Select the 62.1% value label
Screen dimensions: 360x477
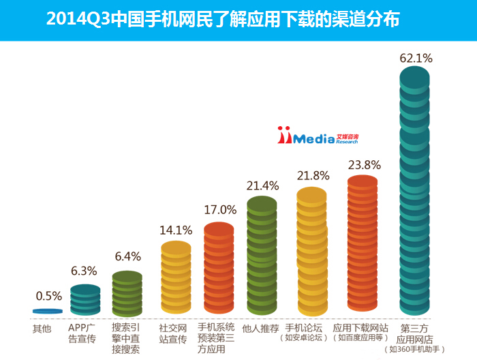pyautogui.click(x=416, y=58)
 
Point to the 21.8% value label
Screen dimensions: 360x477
pyautogui.click(x=313, y=175)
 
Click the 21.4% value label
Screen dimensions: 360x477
pyautogui.click(x=262, y=185)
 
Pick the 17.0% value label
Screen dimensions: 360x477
pyautogui.click(x=219, y=209)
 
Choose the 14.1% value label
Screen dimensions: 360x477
pyautogui.click(x=176, y=229)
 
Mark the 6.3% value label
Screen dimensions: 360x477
pyautogui.click(x=84, y=271)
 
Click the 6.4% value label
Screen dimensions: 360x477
pyautogui.click(x=127, y=256)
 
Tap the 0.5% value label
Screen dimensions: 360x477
pyautogui.click(x=48, y=296)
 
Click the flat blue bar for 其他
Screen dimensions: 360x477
pyautogui.click(x=48, y=311)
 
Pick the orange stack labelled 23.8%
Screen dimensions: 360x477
pyautogui.click(x=363, y=245)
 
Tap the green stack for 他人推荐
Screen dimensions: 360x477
pyautogui.click(x=262, y=256)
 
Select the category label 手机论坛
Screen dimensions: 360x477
pyautogui.click(x=303, y=328)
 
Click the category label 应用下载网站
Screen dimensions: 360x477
pyautogui.click(x=360, y=328)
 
